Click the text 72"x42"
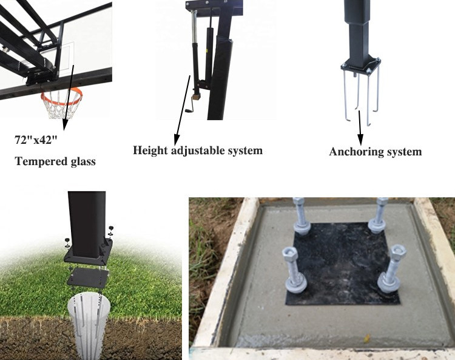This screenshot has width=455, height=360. [36, 140]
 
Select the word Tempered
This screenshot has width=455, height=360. [37, 161]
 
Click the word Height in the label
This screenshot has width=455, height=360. [150, 151]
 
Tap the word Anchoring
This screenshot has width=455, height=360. [354, 152]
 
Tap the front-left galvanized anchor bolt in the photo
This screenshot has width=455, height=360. [294, 270]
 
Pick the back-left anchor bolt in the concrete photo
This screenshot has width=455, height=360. [301, 216]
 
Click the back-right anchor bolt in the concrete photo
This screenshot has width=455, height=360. [379, 216]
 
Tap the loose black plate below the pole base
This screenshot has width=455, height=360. [87, 278]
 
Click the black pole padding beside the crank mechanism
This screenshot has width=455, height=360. [221, 78]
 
